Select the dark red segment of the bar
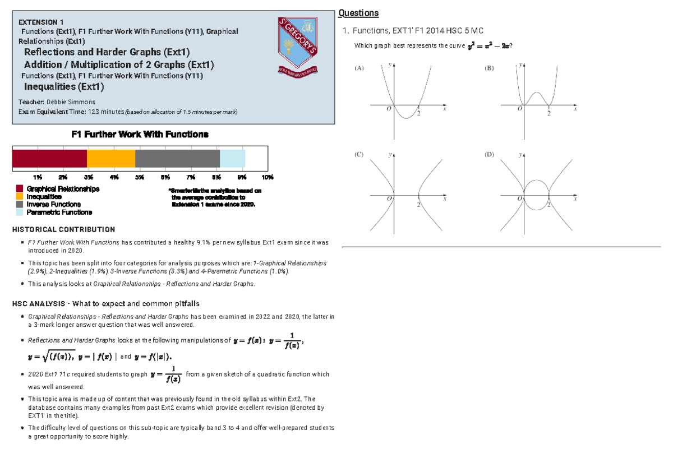49,159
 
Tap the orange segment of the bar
111,159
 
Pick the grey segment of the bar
177,159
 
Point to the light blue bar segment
232,159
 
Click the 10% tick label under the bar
268,177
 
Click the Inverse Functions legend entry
49,205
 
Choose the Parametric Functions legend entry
54,212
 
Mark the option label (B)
490,68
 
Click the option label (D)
490,154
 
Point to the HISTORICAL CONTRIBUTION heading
63,229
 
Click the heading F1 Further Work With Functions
140,135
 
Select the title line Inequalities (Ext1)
63,87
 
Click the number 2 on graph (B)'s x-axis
548,114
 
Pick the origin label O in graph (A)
388,110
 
